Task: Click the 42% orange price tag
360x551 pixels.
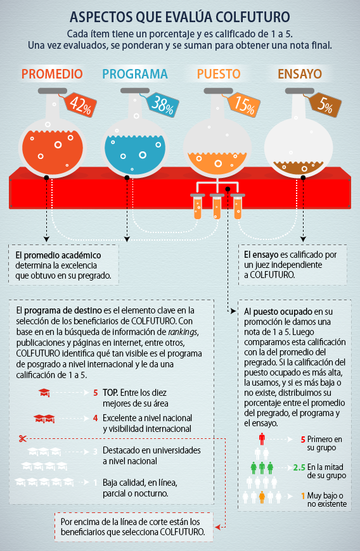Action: pyautogui.click(x=80, y=104)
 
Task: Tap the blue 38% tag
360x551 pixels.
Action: pyautogui.click(x=162, y=104)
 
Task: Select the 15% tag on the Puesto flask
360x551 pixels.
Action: pyautogui.click(x=244, y=104)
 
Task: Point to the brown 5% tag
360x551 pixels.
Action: pyautogui.click(x=325, y=104)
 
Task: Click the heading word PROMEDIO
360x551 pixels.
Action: pyautogui.click(x=52, y=74)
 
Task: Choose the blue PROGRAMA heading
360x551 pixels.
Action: pyautogui.click(x=135, y=74)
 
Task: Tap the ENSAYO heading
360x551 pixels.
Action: pyautogui.click(x=300, y=74)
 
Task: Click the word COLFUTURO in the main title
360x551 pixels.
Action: pyautogui.click(x=253, y=17)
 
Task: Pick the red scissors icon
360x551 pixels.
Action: pyautogui.click(x=23, y=438)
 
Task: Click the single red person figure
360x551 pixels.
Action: pyautogui.click(x=262, y=439)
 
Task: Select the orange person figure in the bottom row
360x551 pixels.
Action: pyautogui.click(x=262, y=497)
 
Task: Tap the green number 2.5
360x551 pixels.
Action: pyautogui.click(x=299, y=467)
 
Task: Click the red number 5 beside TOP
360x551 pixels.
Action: pyautogui.click(x=96, y=393)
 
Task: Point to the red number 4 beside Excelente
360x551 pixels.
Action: pyautogui.click(x=96, y=418)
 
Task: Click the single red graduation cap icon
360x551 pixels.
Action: pyautogui.click(x=44, y=393)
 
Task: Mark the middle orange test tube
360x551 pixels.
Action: pyautogui.click(x=217, y=206)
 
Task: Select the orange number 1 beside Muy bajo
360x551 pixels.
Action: pyautogui.click(x=303, y=496)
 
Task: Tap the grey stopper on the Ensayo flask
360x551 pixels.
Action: pyautogui.click(x=300, y=91)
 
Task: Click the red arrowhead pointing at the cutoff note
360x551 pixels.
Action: pyautogui.click(x=217, y=527)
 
